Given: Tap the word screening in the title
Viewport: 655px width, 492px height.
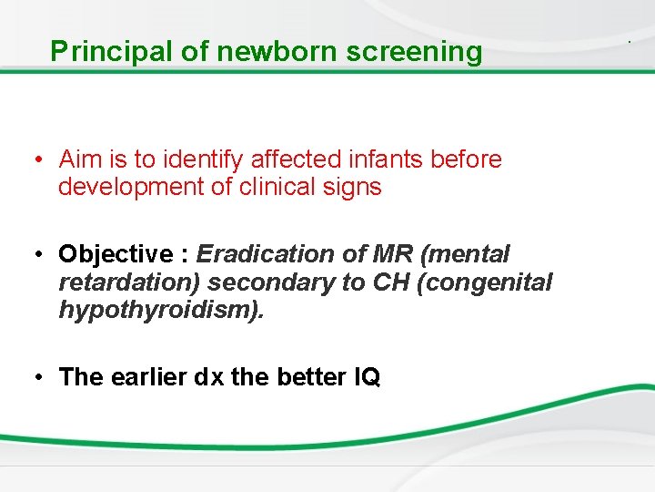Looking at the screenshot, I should [x=414, y=52].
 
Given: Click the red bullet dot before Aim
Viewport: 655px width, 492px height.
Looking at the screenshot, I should [x=43, y=160].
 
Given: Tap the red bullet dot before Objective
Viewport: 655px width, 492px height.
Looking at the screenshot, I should [x=43, y=254].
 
